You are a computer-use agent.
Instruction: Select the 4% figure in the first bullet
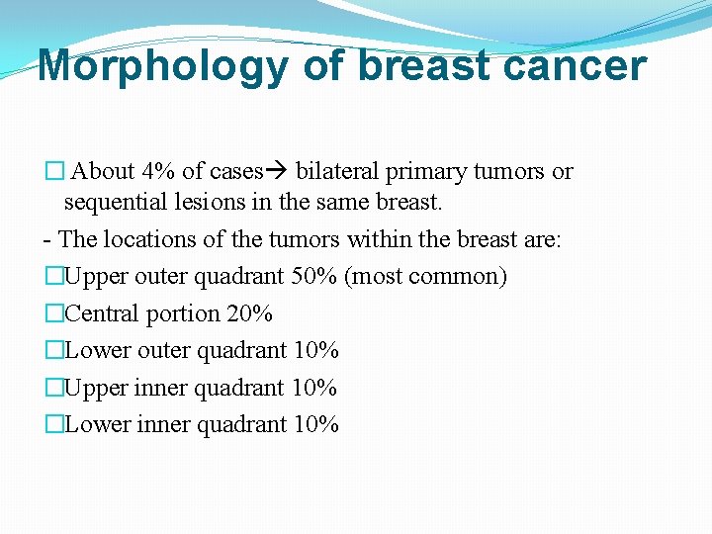tap(161, 171)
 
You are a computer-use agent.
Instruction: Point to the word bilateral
tap(335, 171)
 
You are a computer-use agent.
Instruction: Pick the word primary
tap(419, 171)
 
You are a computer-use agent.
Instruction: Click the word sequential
tap(110, 203)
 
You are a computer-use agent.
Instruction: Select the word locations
tap(141, 239)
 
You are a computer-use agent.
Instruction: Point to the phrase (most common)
tap(425, 276)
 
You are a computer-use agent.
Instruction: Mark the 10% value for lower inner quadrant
tap(316, 424)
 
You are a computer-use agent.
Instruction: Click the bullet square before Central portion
tap(53, 313)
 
